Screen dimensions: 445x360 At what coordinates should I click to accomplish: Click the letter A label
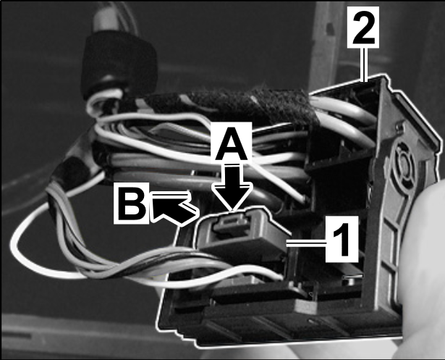231,143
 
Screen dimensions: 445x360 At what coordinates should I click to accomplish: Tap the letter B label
132,203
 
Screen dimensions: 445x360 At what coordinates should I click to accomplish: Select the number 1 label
342,239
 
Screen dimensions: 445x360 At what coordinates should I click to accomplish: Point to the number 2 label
363,26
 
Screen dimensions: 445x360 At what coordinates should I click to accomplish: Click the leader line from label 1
305,243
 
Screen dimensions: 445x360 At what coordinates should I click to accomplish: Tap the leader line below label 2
364,64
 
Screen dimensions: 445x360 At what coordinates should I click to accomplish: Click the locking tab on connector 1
231,223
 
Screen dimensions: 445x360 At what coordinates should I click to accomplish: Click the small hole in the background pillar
330,28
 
